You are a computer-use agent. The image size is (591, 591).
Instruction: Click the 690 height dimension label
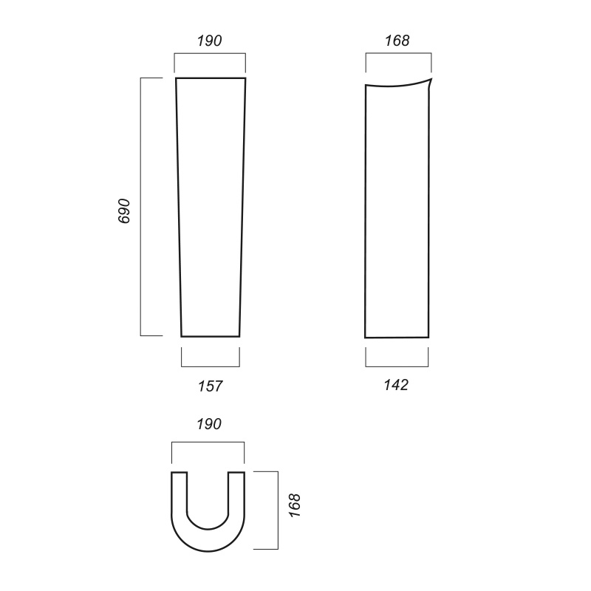pos(124,211)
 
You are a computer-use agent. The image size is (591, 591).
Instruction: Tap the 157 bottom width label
pos(211,386)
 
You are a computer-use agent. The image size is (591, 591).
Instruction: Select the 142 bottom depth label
pos(396,385)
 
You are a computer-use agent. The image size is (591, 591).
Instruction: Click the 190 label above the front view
pos(210,41)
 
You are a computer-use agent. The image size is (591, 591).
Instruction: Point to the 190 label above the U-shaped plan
pos(209,424)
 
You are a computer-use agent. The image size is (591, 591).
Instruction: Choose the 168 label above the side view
pos(397,41)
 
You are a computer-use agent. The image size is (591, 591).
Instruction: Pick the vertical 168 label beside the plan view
pos(295,505)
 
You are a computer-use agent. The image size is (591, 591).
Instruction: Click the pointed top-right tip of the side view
pos(431,78)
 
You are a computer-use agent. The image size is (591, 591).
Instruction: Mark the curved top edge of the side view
pos(397,86)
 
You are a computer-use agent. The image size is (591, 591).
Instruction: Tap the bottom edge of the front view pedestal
pos(211,336)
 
